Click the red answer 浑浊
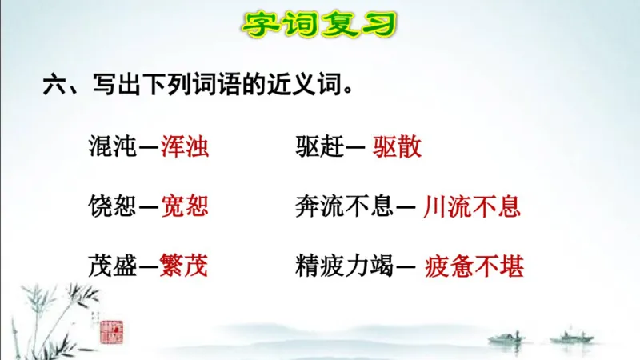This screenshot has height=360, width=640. coord(184,146)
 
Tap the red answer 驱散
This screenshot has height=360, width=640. coord(397,146)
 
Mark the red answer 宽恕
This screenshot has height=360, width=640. coord(184,206)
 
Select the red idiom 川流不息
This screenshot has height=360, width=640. coord(472,206)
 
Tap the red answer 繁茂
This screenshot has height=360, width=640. coord(184,266)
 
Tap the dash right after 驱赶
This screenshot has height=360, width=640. coord(357,147)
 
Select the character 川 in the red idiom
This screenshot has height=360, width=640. coord(436,206)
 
